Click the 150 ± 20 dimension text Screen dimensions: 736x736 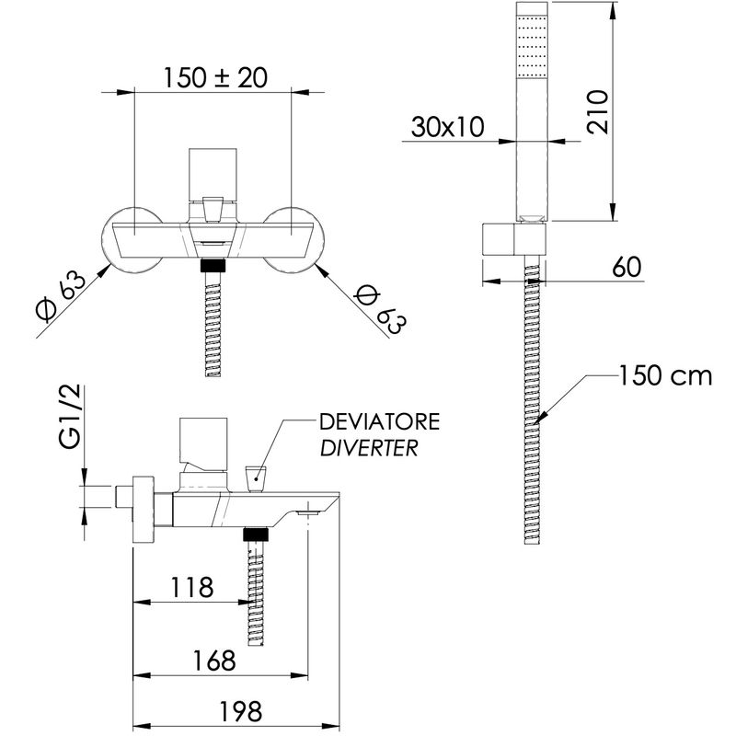[x=215, y=77]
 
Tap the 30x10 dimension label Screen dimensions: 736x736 [x=447, y=127]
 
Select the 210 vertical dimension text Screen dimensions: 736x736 [x=598, y=112]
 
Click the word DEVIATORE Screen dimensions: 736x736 [x=380, y=421]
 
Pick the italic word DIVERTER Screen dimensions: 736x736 [x=369, y=448]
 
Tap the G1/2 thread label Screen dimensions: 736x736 [x=72, y=418]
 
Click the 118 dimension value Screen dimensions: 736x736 [x=191, y=587]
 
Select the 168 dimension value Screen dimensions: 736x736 [x=214, y=661]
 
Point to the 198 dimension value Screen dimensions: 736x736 [x=240, y=711]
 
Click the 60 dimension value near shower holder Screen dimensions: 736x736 [x=627, y=267]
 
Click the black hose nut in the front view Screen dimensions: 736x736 [x=213, y=265]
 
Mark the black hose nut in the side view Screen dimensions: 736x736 [x=256, y=535]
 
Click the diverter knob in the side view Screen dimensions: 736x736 [x=256, y=479]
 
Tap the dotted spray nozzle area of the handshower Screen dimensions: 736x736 [x=532, y=46]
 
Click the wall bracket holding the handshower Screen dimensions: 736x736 [x=515, y=239]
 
